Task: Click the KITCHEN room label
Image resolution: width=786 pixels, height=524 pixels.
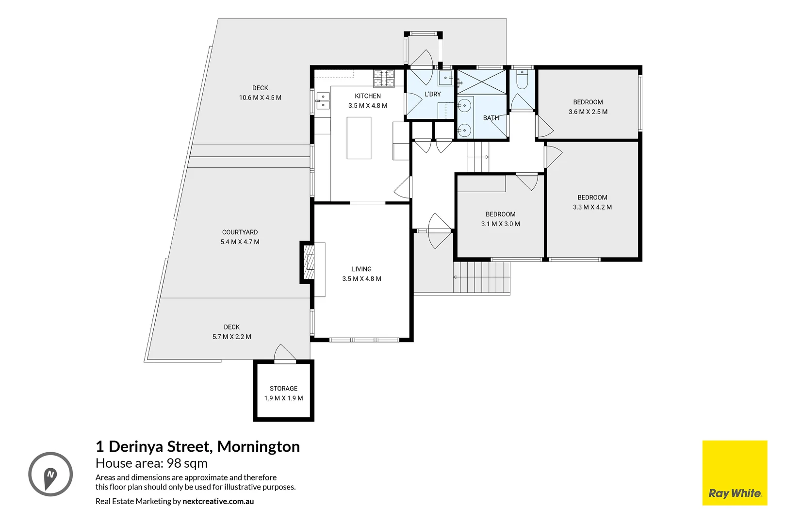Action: tap(367, 96)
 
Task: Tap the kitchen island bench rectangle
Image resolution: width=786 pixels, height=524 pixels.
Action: tap(359, 138)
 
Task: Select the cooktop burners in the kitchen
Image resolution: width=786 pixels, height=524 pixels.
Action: tap(383, 78)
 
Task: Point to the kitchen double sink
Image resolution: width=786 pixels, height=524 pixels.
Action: tap(323, 101)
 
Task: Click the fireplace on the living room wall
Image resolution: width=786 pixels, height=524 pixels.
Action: tap(307, 262)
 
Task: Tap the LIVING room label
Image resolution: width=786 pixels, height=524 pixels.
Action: tap(361, 269)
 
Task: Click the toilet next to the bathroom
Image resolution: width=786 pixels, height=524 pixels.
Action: tap(522, 80)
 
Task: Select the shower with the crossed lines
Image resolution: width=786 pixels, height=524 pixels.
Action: tap(481, 82)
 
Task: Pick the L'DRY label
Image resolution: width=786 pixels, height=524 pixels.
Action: tap(432, 94)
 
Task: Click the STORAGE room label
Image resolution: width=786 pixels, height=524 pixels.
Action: tap(283, 389)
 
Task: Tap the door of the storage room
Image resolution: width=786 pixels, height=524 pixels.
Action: tap(285, 352)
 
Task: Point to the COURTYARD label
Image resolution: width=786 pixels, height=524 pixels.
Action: tap(240, 232)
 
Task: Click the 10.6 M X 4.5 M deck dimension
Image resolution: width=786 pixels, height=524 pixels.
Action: tap(260, 98)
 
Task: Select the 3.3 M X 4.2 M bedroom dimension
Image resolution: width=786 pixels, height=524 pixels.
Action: tap(592, 207)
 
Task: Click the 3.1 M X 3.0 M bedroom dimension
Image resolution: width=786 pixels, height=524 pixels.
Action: tap(500, 224)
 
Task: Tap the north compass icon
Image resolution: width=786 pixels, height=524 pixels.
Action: tap(50, 474)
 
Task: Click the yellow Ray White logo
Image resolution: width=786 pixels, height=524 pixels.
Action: tap(735, 473)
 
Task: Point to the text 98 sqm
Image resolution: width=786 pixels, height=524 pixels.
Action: tap(187, 464)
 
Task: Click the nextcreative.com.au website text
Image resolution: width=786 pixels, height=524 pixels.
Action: tap(218, 501)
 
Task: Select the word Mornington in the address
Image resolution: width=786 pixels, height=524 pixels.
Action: tap(259, 447)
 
